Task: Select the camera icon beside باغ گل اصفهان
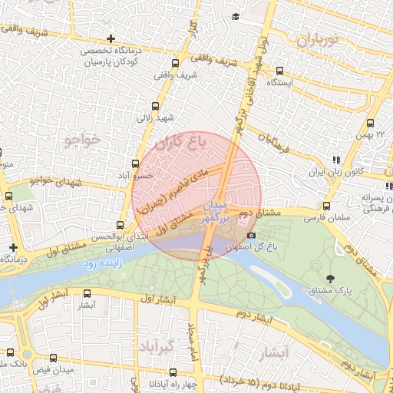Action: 252,235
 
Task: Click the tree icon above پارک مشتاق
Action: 331,279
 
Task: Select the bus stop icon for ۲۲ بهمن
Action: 371,123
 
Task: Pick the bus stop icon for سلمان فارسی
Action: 327,206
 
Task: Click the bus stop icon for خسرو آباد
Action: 136,163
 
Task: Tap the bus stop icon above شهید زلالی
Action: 156,107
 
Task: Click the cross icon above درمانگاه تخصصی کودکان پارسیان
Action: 112,38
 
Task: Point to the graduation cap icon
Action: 236,17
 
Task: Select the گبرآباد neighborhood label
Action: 156,346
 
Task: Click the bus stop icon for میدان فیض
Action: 53,358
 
